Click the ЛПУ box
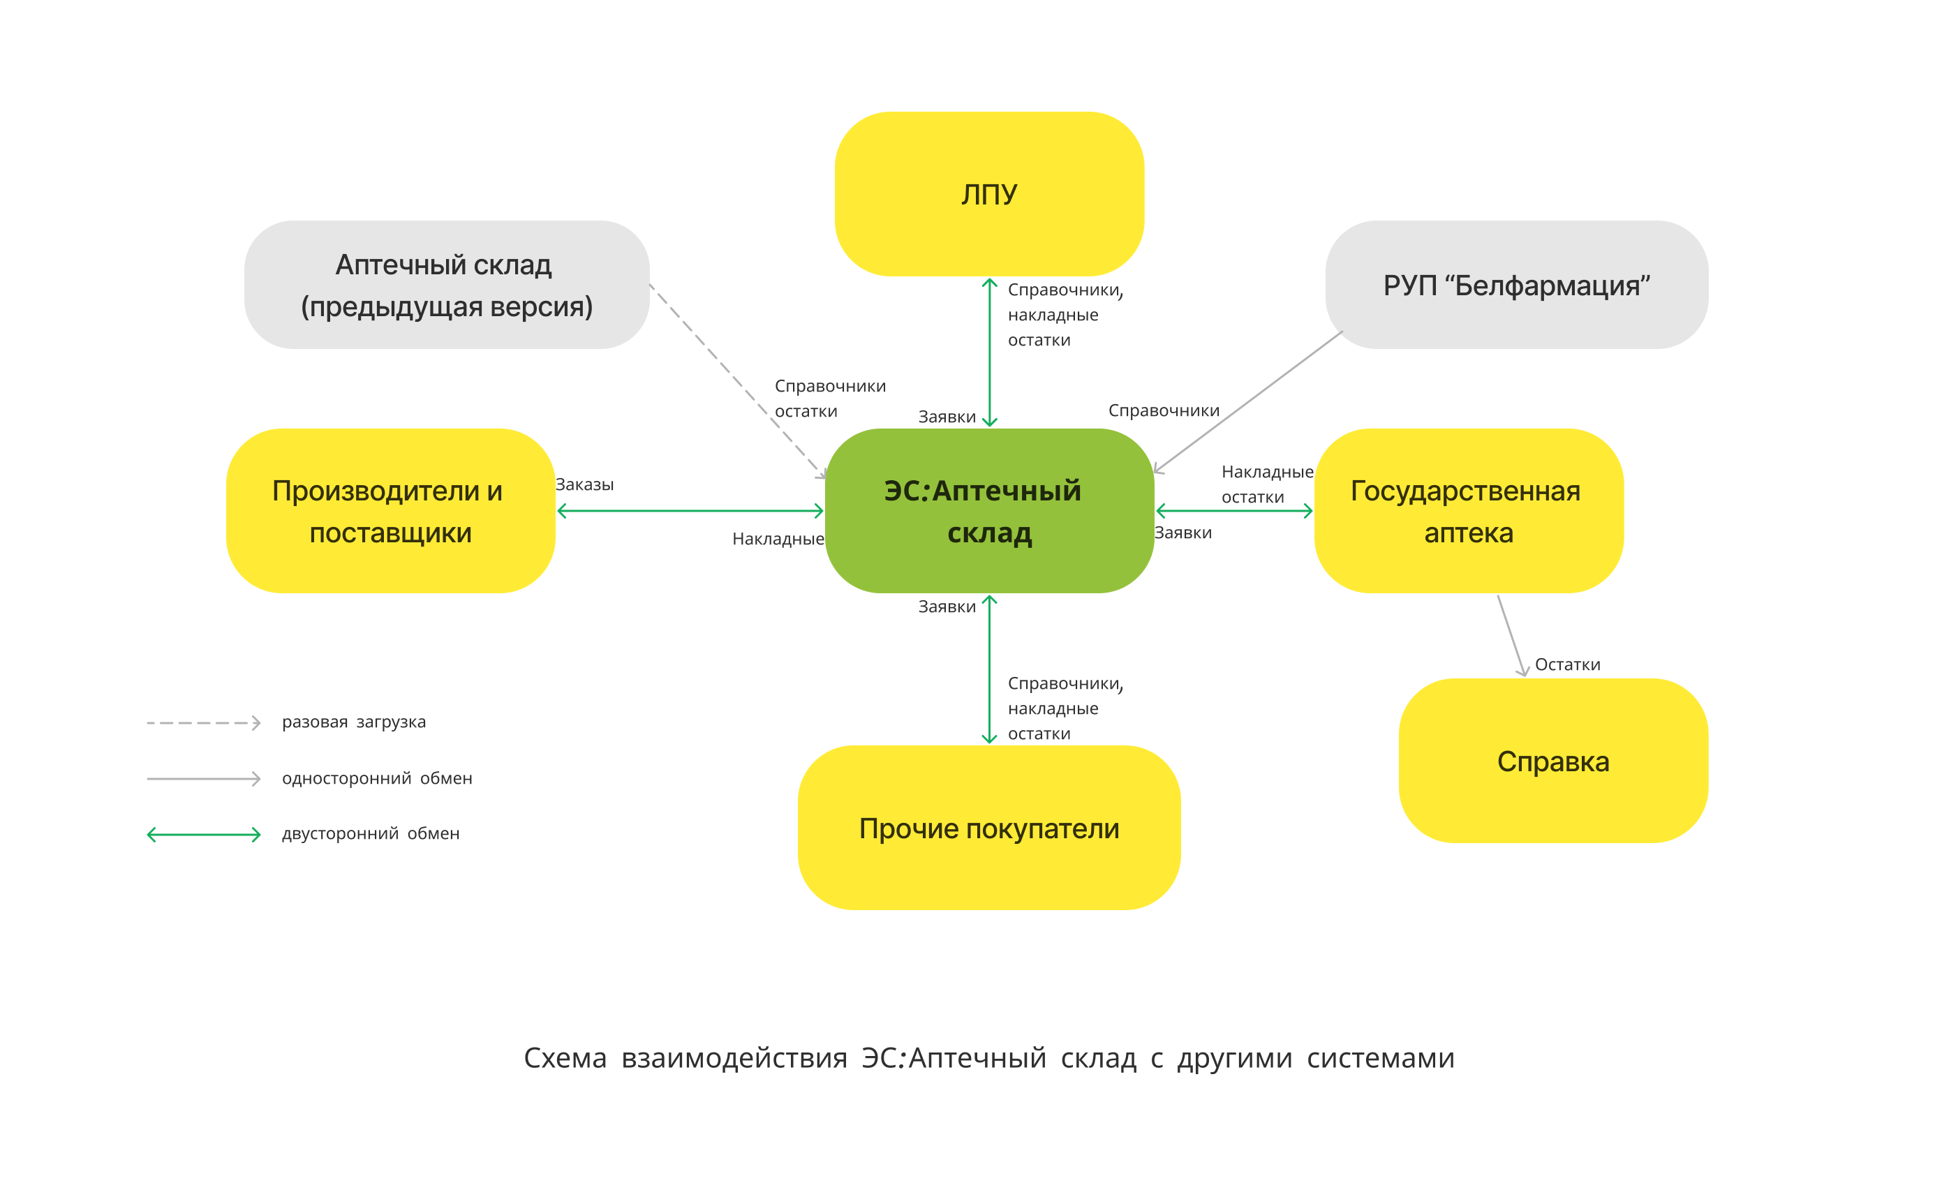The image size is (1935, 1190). (x=988, y=193)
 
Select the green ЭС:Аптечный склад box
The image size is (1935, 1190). (x=988, y=511)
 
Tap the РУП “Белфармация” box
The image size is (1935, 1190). (x=1515, y=284)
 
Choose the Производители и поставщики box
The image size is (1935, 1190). (x=390, y=511)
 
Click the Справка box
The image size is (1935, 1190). (x=1552, y=761)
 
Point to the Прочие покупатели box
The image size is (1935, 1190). (x=988, y=828)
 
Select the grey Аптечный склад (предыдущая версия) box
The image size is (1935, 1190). (x=446, y=284)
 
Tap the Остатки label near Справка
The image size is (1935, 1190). (x=1566, y=665)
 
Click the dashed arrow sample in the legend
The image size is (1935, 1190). (x=203, y=722)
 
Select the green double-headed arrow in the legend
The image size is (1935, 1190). (x=203, y=834)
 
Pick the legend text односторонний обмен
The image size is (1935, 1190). (x=377, y=778)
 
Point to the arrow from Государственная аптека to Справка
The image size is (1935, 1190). (x=1510, y=634)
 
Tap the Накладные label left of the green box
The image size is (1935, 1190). (x=778, y=539)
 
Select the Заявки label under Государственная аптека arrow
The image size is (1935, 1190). (x=1182, y=533)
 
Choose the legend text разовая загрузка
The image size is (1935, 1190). (x=353, y=722)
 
